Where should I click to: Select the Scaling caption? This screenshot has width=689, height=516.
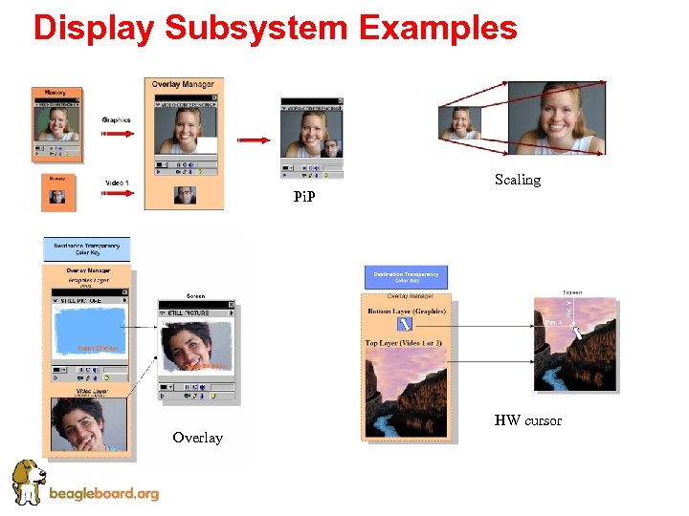pos(518,180)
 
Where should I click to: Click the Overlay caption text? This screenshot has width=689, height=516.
pos(197,438)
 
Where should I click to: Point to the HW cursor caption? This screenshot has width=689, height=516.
pos(528,420)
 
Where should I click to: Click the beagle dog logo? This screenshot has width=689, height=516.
pos(28,481)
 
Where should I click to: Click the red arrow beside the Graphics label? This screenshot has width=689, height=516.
pos(118,135)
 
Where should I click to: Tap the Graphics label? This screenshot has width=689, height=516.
pos(117,120)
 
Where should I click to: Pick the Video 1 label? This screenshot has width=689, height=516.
pos(117,183)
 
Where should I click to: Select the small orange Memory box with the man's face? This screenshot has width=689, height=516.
pos(58,192)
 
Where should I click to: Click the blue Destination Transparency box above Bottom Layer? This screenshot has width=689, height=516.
pos(406,278)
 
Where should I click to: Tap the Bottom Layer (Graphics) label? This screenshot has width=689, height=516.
pos(406,311)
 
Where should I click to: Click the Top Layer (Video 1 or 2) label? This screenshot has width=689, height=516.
pos(404,343)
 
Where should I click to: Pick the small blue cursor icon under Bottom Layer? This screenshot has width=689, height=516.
pos(405,325)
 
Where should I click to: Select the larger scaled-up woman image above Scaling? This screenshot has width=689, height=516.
pos(556,118)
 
